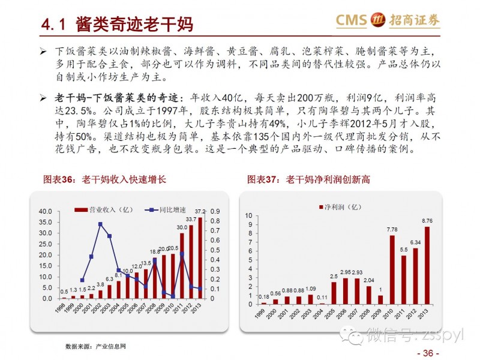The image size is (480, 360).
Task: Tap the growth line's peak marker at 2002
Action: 100,224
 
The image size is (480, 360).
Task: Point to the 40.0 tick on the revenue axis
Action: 45,212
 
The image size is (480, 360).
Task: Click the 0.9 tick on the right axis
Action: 217,212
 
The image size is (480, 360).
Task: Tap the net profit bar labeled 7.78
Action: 392,271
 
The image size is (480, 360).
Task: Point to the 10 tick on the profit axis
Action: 247,215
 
